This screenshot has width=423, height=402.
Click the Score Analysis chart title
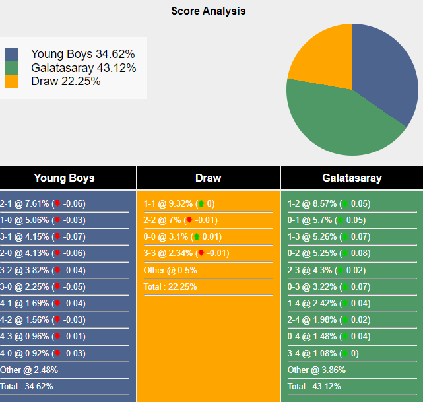(208, 11)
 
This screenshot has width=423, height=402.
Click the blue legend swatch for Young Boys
(12, 54)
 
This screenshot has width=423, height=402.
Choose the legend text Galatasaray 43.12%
(83, 68)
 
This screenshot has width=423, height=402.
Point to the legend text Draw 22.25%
(65, 81)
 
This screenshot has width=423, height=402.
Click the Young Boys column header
(64, 178)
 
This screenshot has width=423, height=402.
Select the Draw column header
(209, 178)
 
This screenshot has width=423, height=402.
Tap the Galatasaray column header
(352, 178)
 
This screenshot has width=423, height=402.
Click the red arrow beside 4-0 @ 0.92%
(57, 353)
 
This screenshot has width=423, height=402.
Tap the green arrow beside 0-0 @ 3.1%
(196, 236)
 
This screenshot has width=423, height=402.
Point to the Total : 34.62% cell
(27, 386)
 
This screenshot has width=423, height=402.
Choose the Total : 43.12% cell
(315, 386)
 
